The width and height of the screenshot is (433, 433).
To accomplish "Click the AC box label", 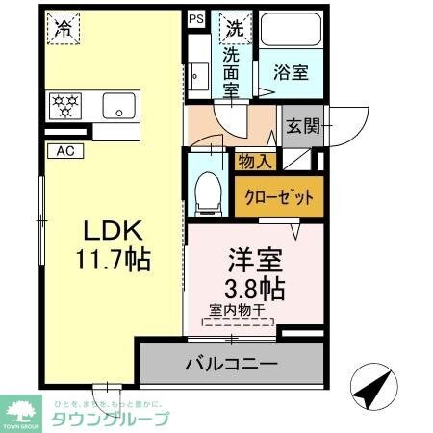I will (x=64, y=150).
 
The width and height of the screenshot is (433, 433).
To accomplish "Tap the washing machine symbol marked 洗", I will (x=233, y=29).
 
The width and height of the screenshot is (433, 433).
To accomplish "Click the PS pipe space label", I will (x=196, y=17).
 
